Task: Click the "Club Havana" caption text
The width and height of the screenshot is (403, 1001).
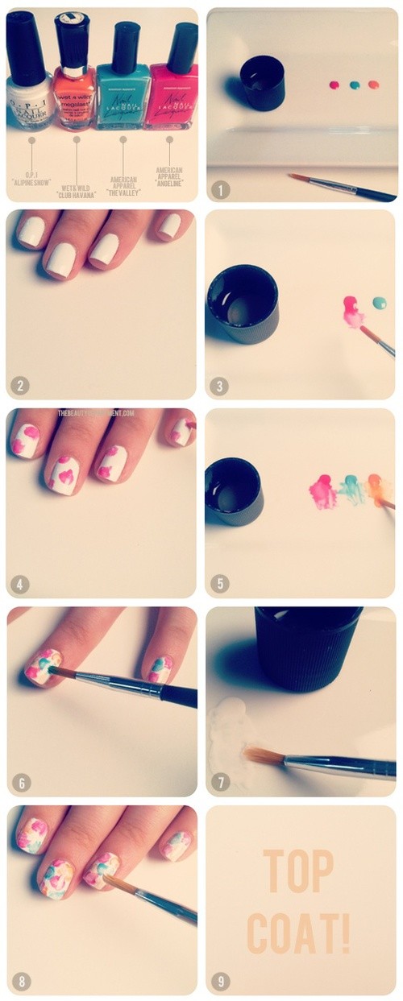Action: (77, 191)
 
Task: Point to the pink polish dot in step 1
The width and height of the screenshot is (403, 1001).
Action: (334, 84)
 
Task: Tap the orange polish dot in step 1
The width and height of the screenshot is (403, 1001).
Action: (373, 84)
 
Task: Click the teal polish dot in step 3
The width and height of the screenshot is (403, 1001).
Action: (379, 304)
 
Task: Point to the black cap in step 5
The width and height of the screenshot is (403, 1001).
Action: (232, 491)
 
